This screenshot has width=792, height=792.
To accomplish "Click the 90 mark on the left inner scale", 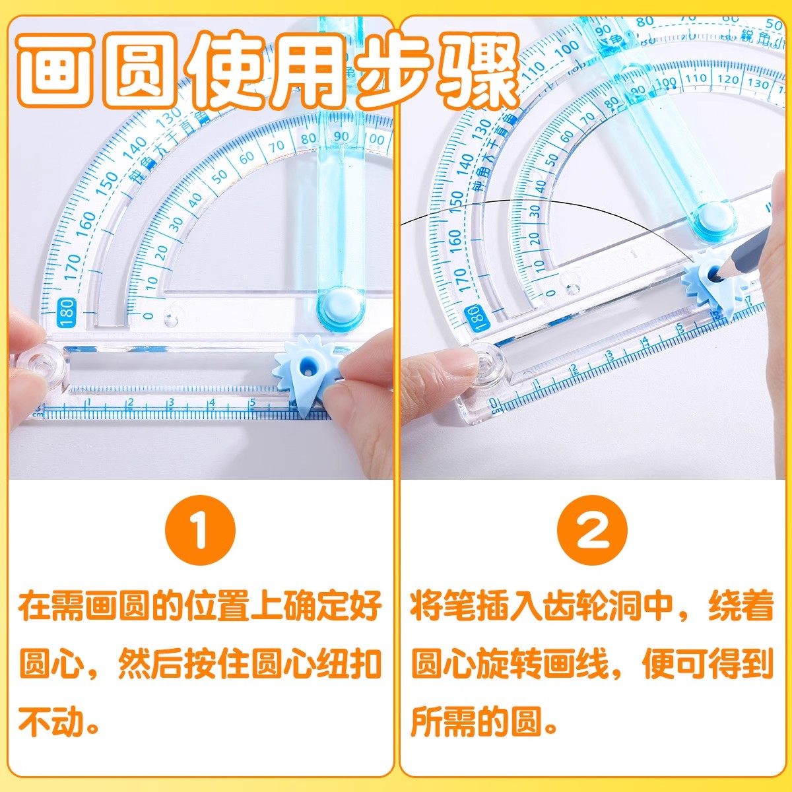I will [x=341, y=135].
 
